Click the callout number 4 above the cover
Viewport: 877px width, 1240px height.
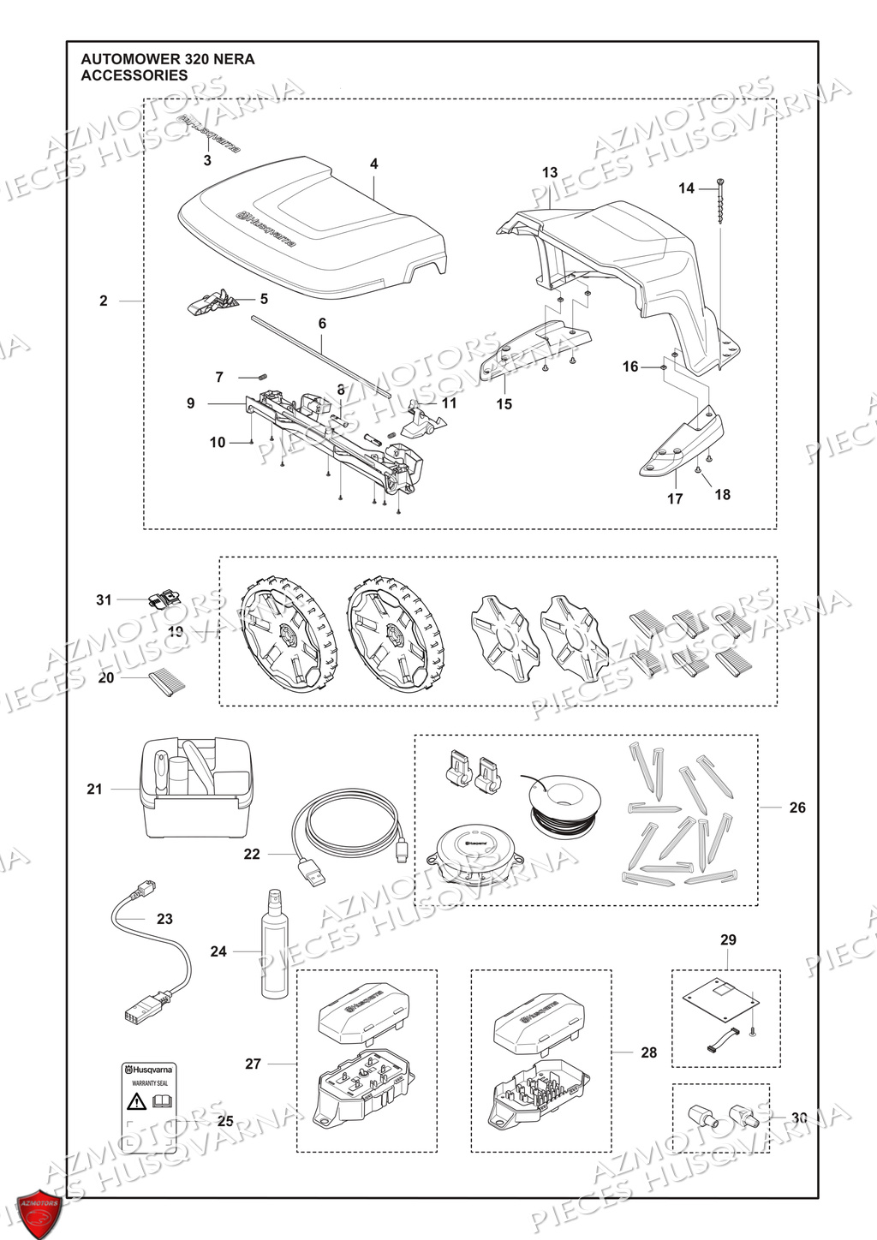373,164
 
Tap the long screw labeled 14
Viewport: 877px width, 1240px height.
721,201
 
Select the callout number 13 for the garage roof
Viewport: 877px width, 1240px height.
550,173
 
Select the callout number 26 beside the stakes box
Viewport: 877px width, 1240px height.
797,808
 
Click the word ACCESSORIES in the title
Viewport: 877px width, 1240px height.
134,75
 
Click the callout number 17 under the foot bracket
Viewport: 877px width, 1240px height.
675,498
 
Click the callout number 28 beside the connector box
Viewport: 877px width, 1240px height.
649,1052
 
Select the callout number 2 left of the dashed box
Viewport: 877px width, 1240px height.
104,301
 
